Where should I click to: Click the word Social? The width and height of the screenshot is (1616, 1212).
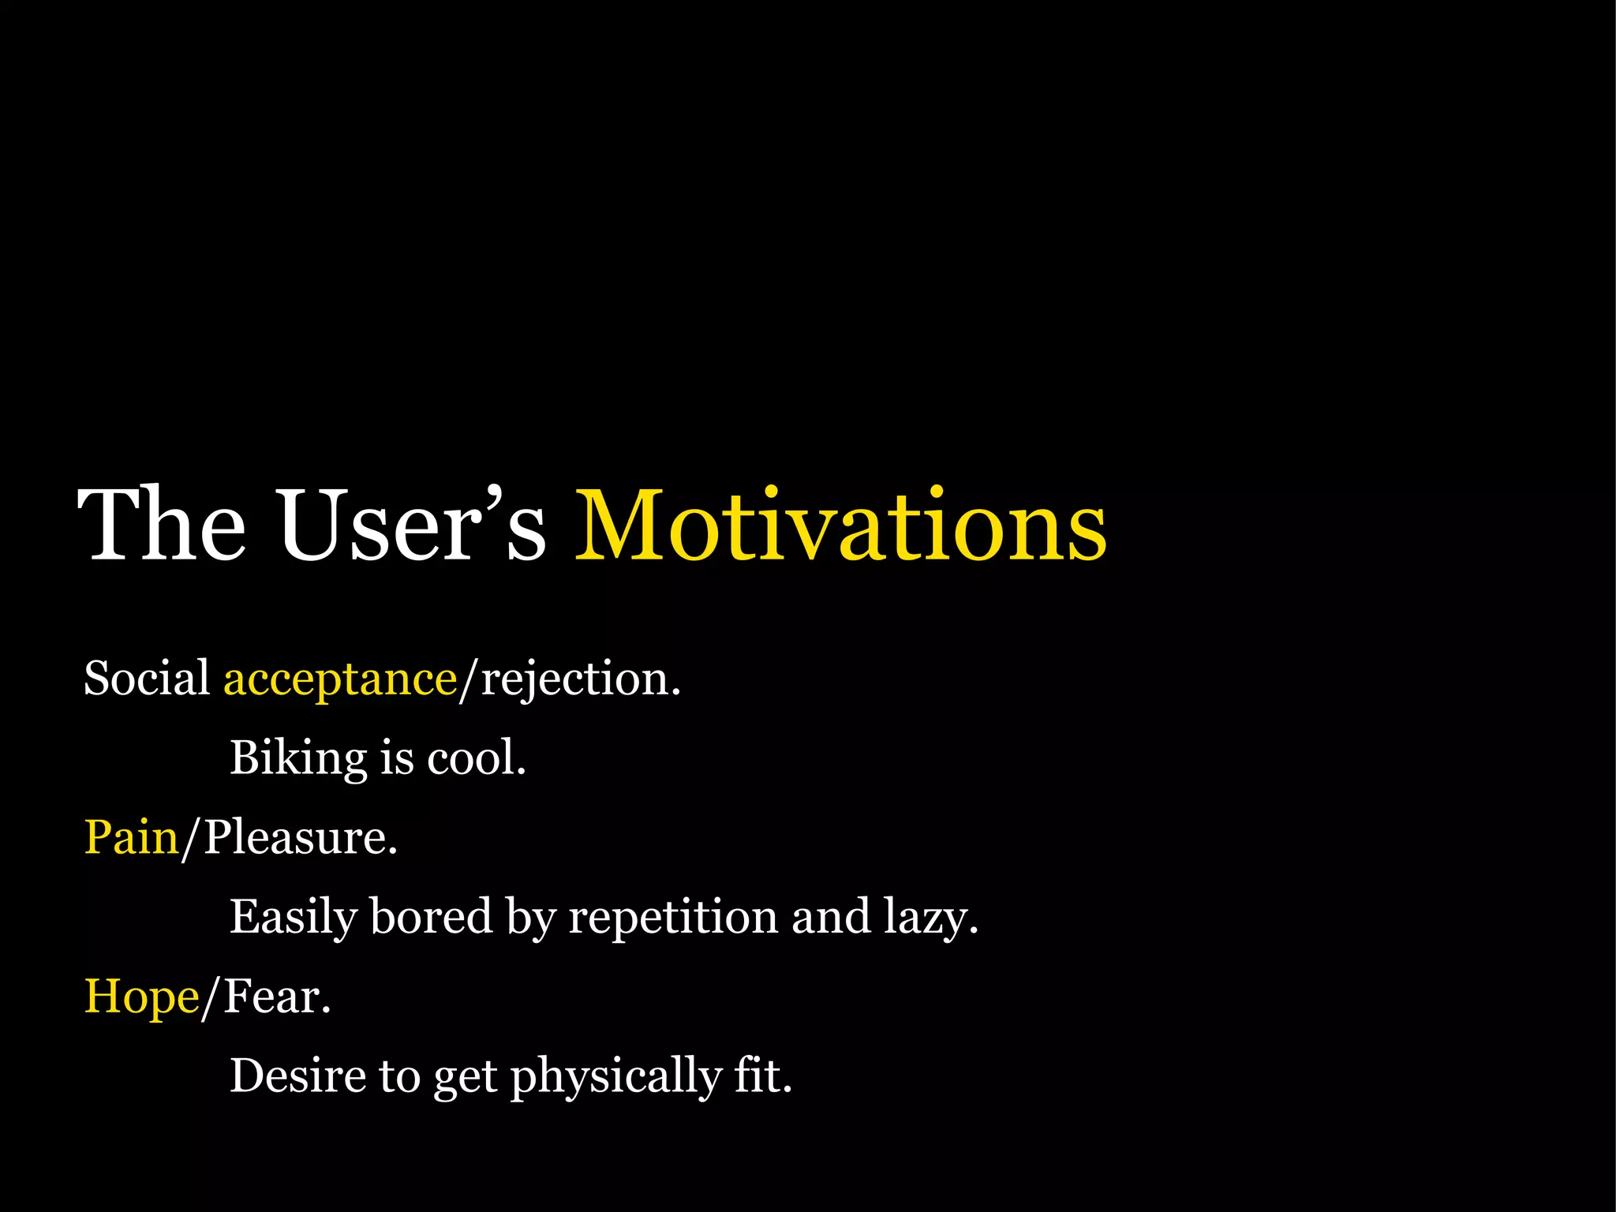(147, 679)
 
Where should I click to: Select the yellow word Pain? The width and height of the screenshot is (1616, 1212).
(132, 837)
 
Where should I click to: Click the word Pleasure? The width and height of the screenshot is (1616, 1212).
(300, 837)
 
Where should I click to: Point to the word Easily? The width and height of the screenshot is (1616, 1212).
(293, 918)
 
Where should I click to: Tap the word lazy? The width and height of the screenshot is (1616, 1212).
(930, 918)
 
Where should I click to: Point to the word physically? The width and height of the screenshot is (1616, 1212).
(615, 1077)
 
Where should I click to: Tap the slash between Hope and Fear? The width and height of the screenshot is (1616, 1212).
(210, 999)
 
